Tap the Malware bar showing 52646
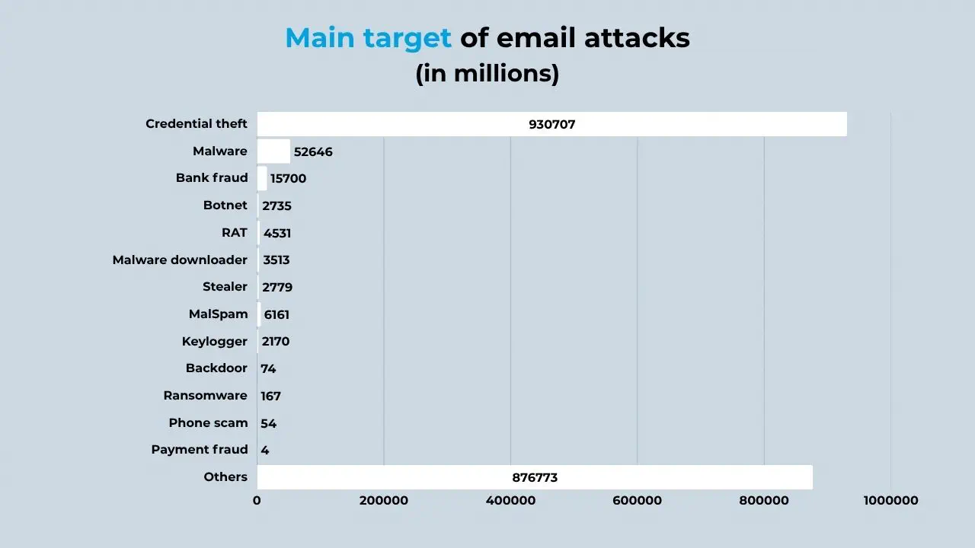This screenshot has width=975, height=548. [x=273, y=151]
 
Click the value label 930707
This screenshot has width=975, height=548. [x=552, y=124]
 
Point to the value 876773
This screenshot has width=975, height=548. [x=535, y=478]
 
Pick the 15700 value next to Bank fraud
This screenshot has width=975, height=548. [x=288, y=179]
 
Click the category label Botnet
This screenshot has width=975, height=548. [x=225, y=205]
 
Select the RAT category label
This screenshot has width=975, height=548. [x=235, y=233]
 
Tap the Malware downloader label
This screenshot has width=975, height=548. [x=180, y=260]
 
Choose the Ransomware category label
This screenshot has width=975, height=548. [x=206, y=396]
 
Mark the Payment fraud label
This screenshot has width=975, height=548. [x=200, y=450]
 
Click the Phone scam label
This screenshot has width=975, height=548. [x=209, y=423]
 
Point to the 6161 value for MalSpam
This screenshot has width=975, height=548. [x=277, y=314]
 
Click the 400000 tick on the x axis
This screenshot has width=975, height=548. [x=510, y=501]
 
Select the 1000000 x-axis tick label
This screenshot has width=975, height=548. [x=890, y=501]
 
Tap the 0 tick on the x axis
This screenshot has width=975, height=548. [x=257, y=501]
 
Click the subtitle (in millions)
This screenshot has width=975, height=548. [x=487, y=74]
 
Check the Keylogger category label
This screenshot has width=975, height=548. [x=215, y=342]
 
